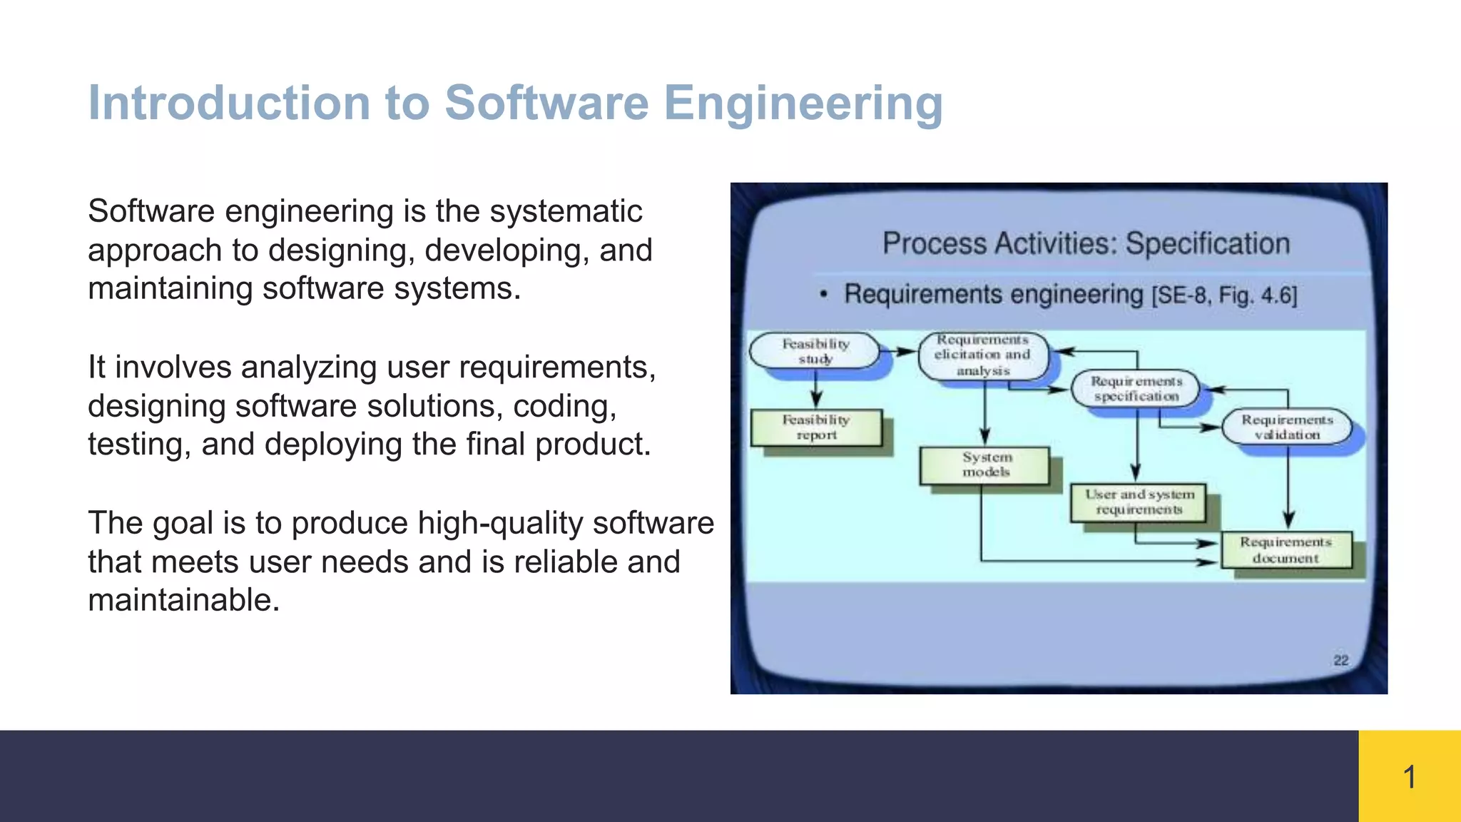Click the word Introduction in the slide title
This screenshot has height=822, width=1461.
tap(229, 103)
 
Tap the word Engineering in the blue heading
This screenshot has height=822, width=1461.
tap(803, 103)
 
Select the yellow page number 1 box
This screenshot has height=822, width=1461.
tap(1409, 776)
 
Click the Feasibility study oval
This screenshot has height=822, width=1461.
tap(815, 351)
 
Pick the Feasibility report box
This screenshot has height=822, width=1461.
tap(816, 427)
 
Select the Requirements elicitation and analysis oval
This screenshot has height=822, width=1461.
tap(983, 355)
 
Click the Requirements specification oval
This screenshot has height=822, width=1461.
tap(1136, 389)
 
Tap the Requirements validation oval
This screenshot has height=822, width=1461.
tap(1287, 427)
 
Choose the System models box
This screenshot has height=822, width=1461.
tap(986, 465)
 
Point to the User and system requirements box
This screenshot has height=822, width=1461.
tap(1139, 502)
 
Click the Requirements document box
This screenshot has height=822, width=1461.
tap(1286, 550)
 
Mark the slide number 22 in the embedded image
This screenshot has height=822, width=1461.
tap(1340, 660)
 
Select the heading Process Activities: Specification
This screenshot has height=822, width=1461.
tap(1086, 244)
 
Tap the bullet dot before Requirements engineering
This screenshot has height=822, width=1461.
tap(823, 295)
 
